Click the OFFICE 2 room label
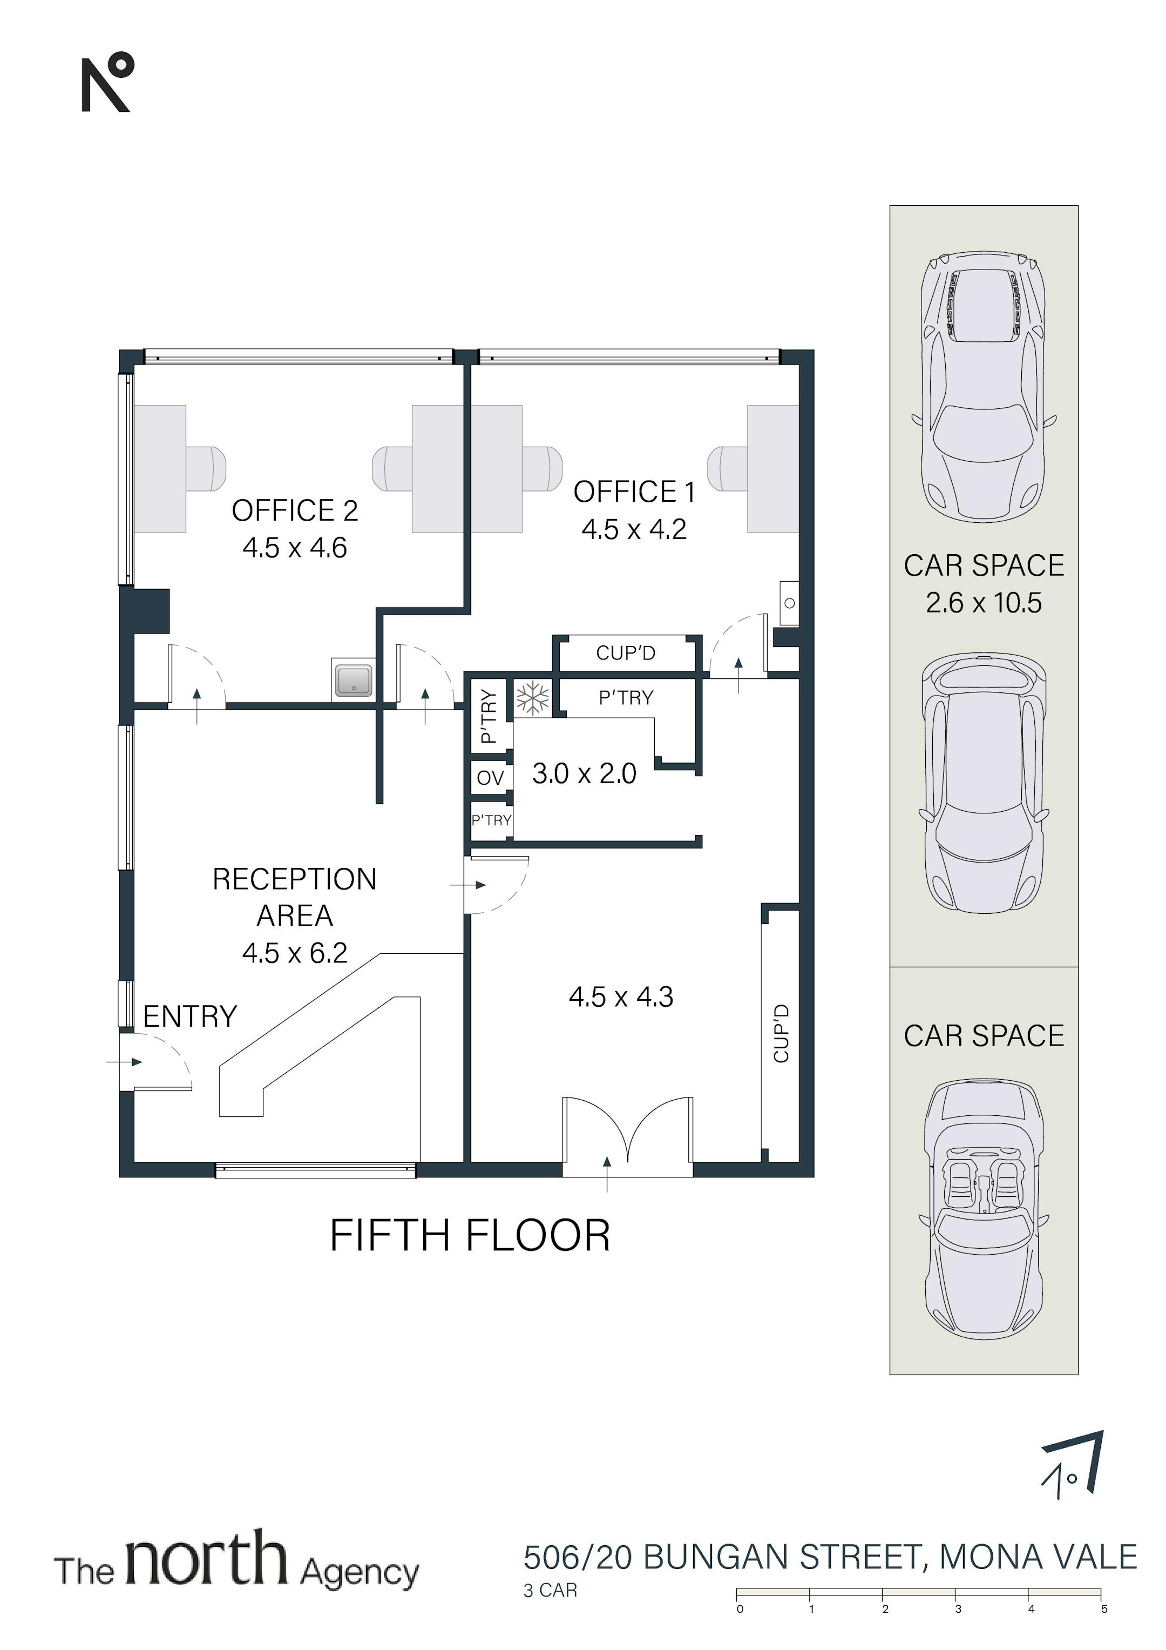tap(295, 510)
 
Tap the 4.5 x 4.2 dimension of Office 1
tap(634, 530)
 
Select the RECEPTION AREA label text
tap(295, 897)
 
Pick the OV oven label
tap(490, 778)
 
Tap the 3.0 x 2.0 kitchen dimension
tap(584, 773)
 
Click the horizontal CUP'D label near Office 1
tap(626, 653)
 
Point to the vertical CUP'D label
tap(781, 1033)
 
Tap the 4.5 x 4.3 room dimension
tap(621, 997)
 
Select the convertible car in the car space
tap(984, 1207)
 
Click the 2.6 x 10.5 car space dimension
tap(984, 602)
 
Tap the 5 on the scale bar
tap(1104, 1609)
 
